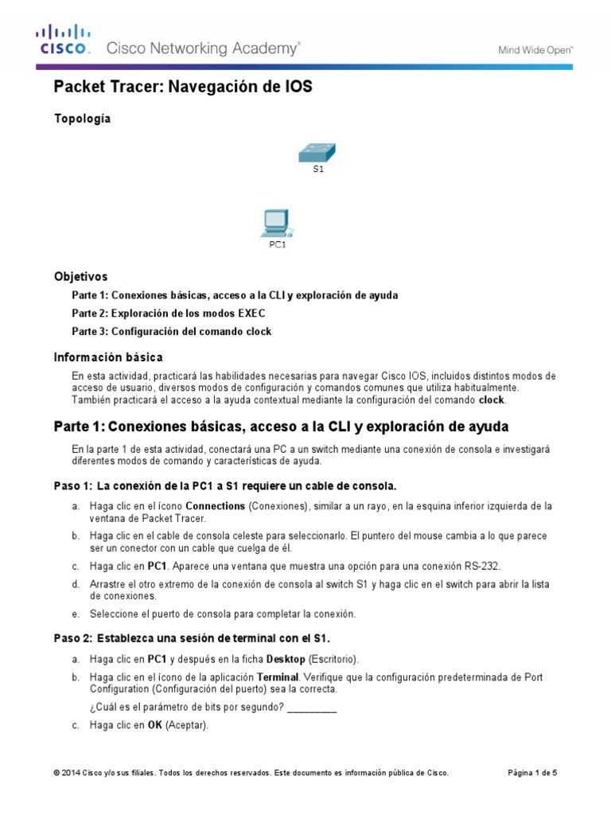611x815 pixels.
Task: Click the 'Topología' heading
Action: click(x=82, y=119)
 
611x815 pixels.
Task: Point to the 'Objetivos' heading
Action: click(x=80, y=277)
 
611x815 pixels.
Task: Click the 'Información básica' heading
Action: click(x=108, y=357)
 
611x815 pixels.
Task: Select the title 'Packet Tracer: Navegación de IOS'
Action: click(x=182, y=88)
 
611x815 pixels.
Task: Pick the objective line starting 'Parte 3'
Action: click(x=171, y=331)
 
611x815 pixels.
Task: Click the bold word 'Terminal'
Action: click(x=278, y=677)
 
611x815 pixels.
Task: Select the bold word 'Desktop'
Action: click(x=286, y=659)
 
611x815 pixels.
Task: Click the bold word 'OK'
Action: click(x=155, y=725)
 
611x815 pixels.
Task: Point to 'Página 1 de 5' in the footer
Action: click(x=532, y=773)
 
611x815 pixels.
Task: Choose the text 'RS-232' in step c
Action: click(x=481, y=565)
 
